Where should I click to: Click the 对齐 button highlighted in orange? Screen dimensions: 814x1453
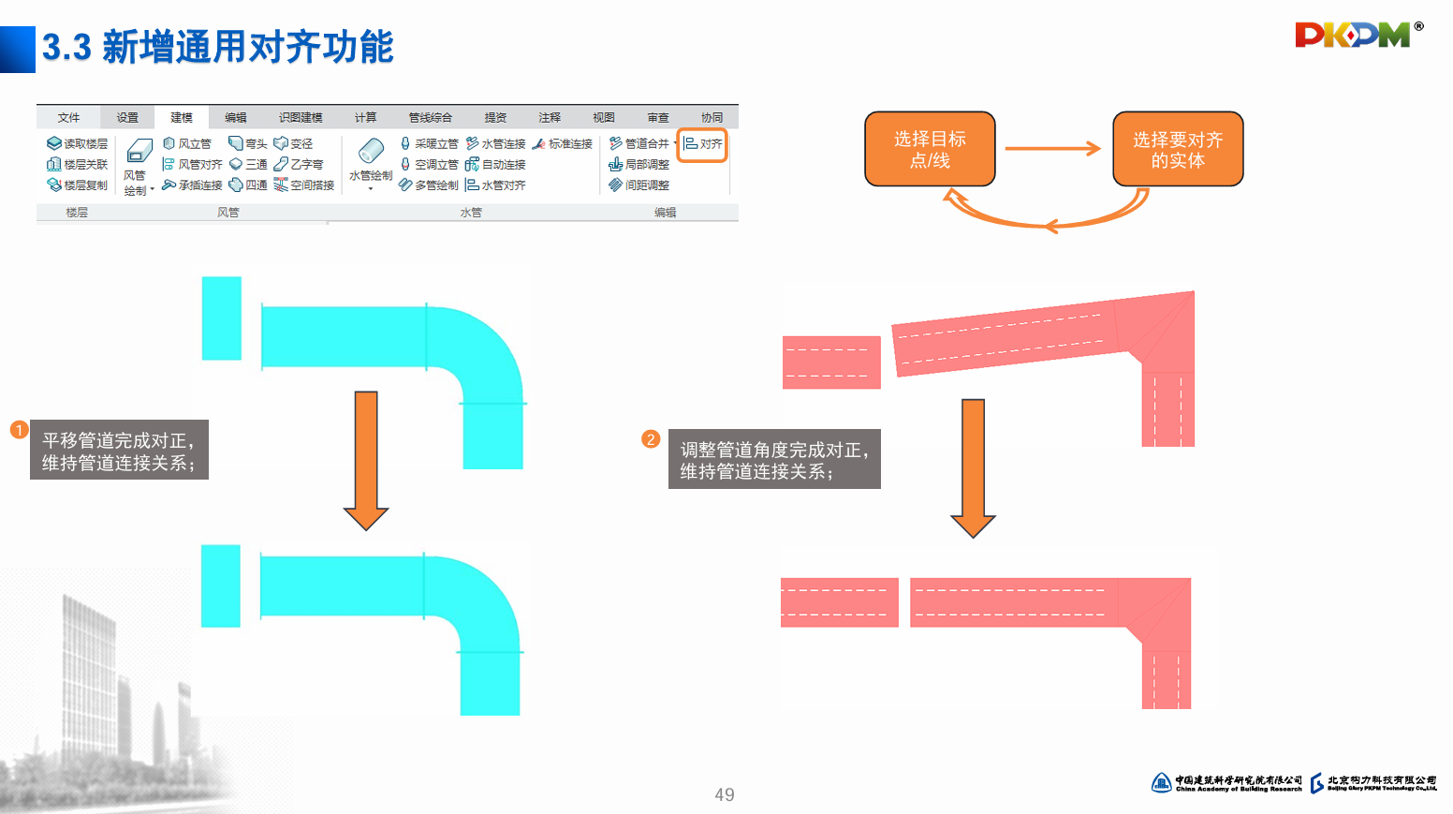[x=702, y=144]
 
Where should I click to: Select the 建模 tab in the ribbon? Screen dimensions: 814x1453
[x=182, y=117]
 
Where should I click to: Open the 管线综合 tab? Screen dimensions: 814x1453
[x=430, y=117]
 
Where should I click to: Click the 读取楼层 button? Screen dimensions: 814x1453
[x=78, y=143]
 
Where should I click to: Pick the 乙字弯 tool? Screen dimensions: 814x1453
[x=299, y=164]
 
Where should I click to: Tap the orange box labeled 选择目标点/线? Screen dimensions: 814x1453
[x=930, y=149]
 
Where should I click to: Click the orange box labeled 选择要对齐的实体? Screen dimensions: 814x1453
[x=1178, y=149]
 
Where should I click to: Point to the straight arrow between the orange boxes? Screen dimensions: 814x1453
[x=1052, y=148]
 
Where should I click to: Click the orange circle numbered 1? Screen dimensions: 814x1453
[x=19, y=430]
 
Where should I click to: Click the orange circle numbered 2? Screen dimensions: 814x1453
[x=651, y=439]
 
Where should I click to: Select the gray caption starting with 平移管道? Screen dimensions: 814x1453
[x=119, y=451]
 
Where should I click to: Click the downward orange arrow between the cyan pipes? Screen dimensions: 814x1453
[x=366, y=460]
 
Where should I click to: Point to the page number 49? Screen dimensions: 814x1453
[x=725, y=794]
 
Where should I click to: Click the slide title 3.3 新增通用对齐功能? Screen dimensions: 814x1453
[x=218, y=47]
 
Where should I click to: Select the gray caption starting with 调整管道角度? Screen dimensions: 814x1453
[x=774, y=460]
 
